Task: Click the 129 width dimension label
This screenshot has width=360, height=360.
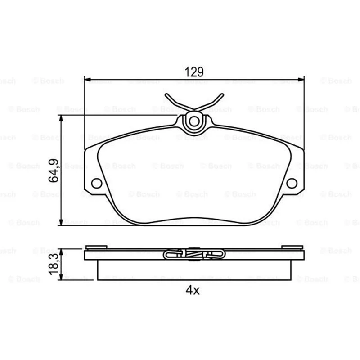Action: coord(194,72)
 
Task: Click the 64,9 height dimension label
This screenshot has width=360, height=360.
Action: coord(54,171)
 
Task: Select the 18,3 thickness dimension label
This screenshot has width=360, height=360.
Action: coord(54,264)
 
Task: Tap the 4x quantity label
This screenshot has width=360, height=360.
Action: coord(193,290)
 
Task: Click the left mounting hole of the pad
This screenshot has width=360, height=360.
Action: coord(97,183)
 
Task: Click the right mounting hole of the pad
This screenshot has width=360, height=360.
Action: coord(292,183)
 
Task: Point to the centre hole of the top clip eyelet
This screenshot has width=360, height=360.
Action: coord(194,121)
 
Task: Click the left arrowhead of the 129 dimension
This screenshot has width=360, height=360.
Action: coord(88,80)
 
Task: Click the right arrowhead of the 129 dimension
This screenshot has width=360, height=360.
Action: coord(301,80)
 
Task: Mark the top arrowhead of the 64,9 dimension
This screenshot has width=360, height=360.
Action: coord(61,118)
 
